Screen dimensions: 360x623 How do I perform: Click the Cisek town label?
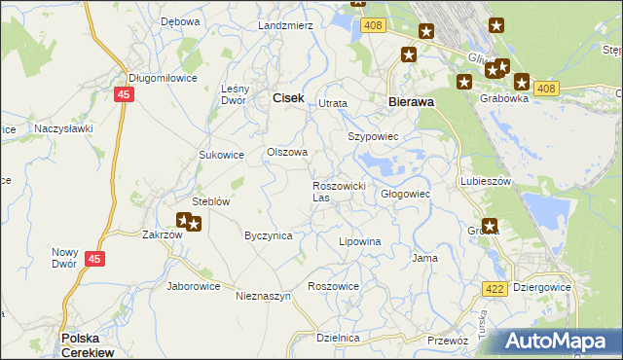point(287,97)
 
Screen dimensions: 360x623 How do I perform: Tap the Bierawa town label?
point(410,100)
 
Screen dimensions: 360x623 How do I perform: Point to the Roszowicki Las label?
point(338,191)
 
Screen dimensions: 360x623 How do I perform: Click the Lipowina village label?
point(358,240)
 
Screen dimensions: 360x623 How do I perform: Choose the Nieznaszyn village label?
point(263,296)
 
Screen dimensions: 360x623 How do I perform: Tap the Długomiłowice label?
point(163,79)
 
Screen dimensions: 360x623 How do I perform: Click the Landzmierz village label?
point(285,24)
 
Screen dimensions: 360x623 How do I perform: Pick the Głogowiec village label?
point(405,194)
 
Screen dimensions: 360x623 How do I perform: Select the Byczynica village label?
point(268,235)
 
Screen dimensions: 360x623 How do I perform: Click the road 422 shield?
point(494,288)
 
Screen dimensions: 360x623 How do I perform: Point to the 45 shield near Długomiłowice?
point(123,94)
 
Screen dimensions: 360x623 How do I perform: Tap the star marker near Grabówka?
point(522,83)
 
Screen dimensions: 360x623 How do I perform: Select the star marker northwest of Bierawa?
point(409,55)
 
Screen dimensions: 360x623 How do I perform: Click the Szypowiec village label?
point(374,137)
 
